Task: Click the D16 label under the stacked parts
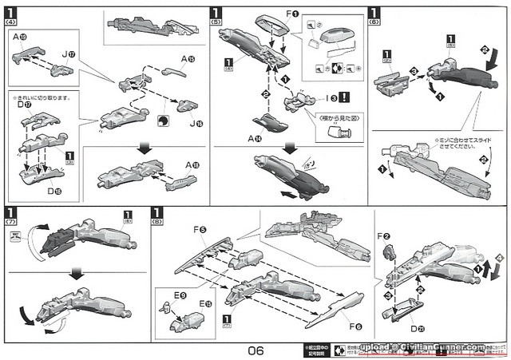pyautogui.click(x=54, y=191)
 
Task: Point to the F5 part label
pyautogui.click(x=199, y=231)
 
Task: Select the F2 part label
pyautogui.click(x=383, y=237)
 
